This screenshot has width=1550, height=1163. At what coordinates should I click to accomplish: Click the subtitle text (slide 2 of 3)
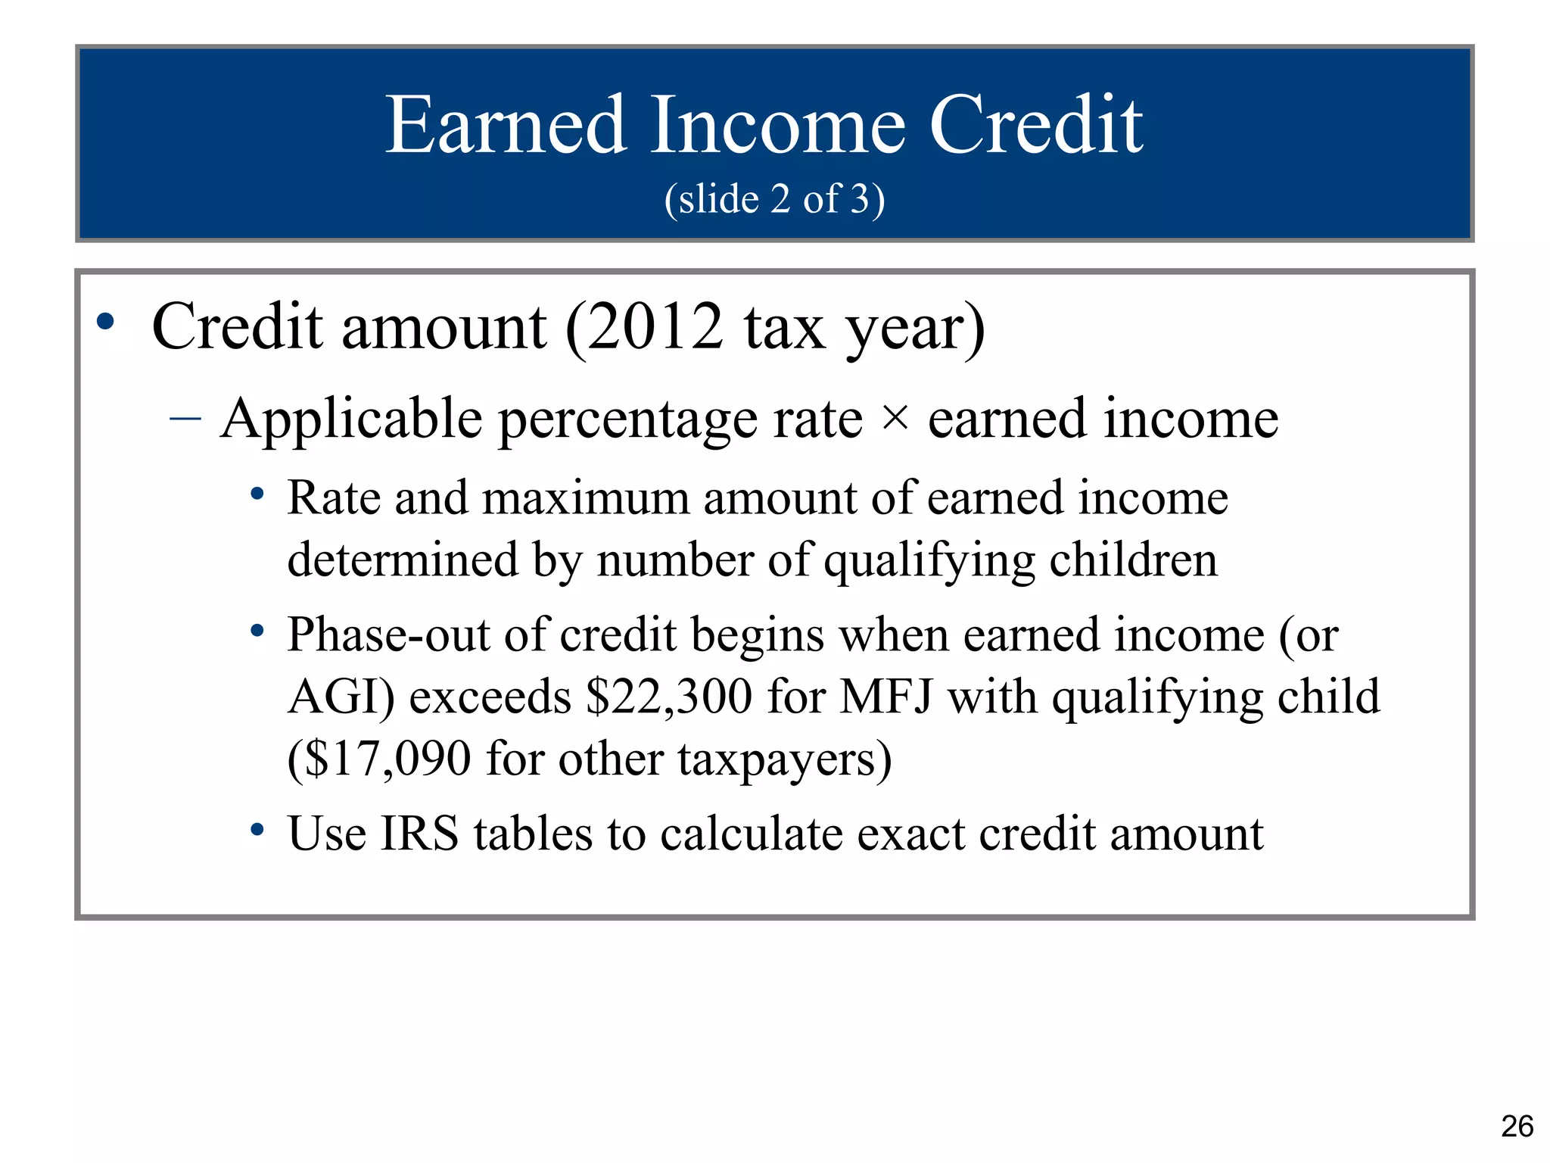pyautogui.click(x=774, y=199)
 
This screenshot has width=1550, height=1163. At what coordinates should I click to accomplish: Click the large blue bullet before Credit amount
pyautogui.click(x=105, y=322)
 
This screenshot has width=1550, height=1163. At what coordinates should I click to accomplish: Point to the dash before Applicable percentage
pyautogui.click(x=185, y=418)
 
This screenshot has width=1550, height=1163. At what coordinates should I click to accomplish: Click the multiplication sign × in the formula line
pyautogui.click(x=895, y=417)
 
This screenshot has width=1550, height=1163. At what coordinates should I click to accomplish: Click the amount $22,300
pyautogui.click(x=669, y=697)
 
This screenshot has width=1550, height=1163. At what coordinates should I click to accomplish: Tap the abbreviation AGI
pyautogui.click(x=338, y=697)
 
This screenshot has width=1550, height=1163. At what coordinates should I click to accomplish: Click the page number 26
pyautogui.click(x=1517, y=1126)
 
